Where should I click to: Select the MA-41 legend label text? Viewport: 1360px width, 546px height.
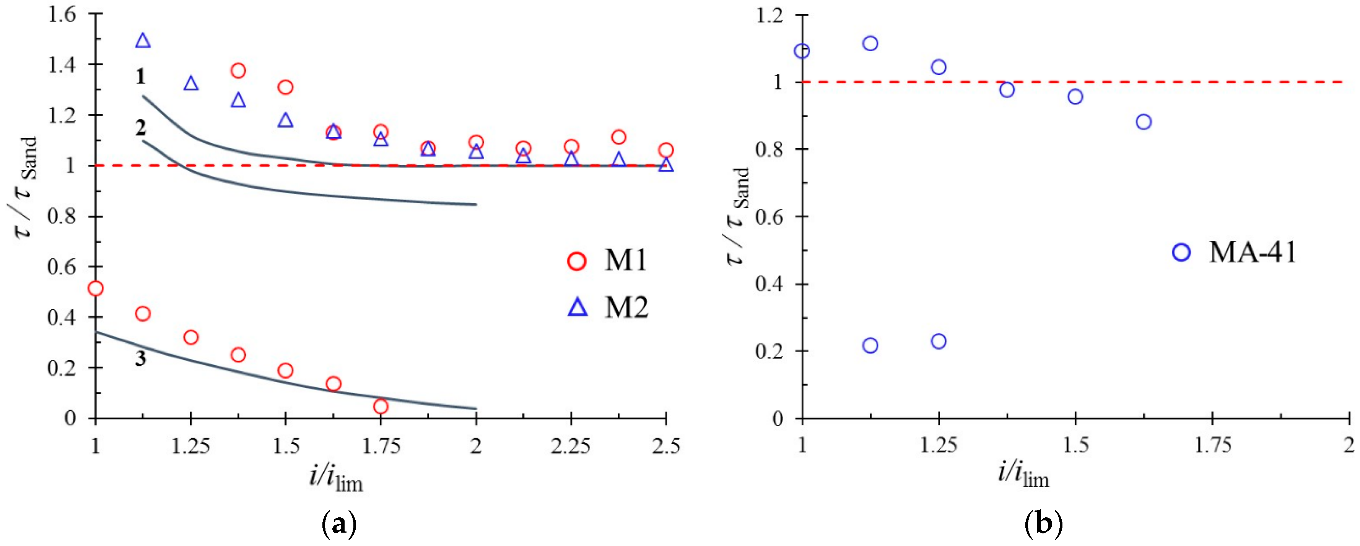click(1252, 252)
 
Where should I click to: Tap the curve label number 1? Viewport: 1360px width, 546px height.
click(140, 77)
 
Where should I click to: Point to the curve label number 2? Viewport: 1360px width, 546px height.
click(140, 128)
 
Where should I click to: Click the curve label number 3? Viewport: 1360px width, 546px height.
click(140, 359)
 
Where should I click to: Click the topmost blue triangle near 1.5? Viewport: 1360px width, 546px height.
click(143, 40)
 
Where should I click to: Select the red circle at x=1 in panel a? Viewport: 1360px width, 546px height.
click(96, 288)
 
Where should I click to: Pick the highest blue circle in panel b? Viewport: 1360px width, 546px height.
click(870, 43)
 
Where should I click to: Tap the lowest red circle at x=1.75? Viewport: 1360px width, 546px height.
click(381, 406)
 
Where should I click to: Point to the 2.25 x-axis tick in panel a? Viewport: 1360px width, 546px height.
click(571, 446)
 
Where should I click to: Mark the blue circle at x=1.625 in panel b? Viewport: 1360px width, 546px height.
click(1144, 122)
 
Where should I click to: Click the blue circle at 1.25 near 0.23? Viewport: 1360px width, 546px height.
click(938, 341)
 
